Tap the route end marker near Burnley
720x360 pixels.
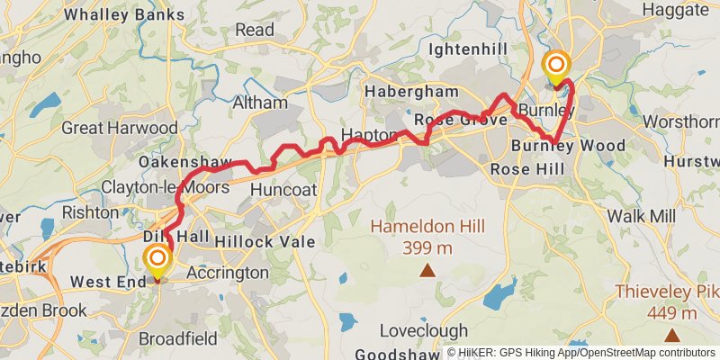pos(557,67)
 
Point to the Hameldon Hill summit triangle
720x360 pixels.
pos(427,269)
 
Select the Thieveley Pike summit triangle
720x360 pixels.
pos(671,335)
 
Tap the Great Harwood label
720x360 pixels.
pos(120,128)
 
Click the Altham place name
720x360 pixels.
pos(260,103)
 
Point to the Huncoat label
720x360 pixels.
pos(283,190)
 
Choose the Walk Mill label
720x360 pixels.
pos(642,216)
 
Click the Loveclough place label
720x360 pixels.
pos(423,329)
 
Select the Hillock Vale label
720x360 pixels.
pos(265,241)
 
